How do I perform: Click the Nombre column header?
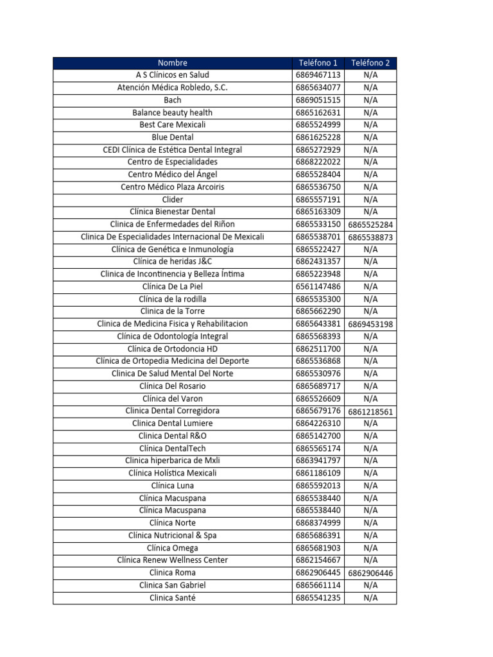tap(172, 63)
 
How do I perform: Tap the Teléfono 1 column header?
tap(318, 63)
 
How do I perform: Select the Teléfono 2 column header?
tap(370, 63)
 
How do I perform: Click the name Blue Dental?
tap(172, 137)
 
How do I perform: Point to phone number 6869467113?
tap(318, 75)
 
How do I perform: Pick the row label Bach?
tap(172, 100)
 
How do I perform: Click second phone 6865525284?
tap(370, 225)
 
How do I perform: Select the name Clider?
tap(172, 200)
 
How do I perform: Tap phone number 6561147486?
tap(318, 287)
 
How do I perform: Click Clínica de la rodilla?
tap(172, 299)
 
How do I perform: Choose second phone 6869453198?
tap(370, 324)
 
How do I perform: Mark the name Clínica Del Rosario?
tap(172, 386)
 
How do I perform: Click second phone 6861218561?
tap(370, 411)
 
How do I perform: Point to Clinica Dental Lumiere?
tap(172, 423)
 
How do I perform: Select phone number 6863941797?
tap(318, 461)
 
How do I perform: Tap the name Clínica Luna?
tap(172, 486)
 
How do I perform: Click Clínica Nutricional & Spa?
tap(172, 535)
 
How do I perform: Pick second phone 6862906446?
tap(370, 573)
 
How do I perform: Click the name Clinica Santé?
tap(172, 597)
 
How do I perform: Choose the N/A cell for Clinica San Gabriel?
tap(370, 585)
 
